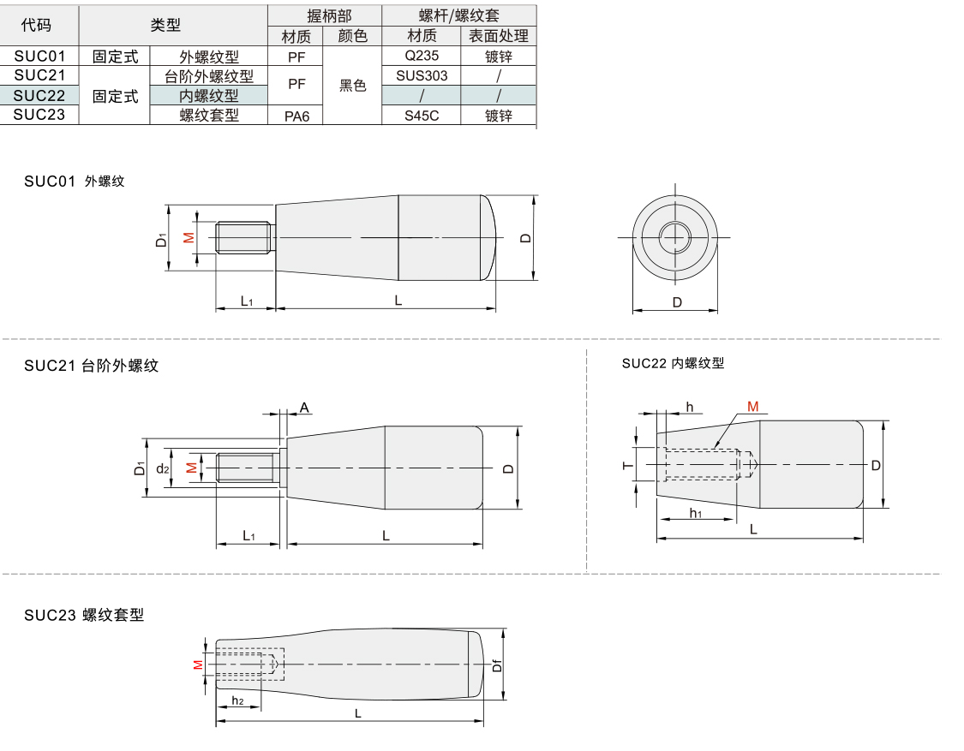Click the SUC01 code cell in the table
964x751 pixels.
[39, 57]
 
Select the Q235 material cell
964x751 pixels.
[422, 57]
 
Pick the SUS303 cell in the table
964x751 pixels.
[422, 75]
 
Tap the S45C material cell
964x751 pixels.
[422, 115]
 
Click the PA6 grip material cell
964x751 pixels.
[296, 116]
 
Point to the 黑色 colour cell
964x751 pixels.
[352, 86]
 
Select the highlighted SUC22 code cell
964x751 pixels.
[39, 95]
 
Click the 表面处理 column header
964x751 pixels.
[499, 36]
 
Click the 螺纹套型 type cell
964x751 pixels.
[209, 115]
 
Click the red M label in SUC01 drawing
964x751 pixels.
[189, 237]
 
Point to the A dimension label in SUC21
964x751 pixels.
[304, 408]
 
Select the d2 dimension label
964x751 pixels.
[163, 468]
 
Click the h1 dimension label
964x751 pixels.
[696, 513]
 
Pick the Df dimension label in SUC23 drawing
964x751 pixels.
[496, 664]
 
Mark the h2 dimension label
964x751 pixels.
[237, 701]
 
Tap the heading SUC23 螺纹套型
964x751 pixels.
[84, 614]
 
